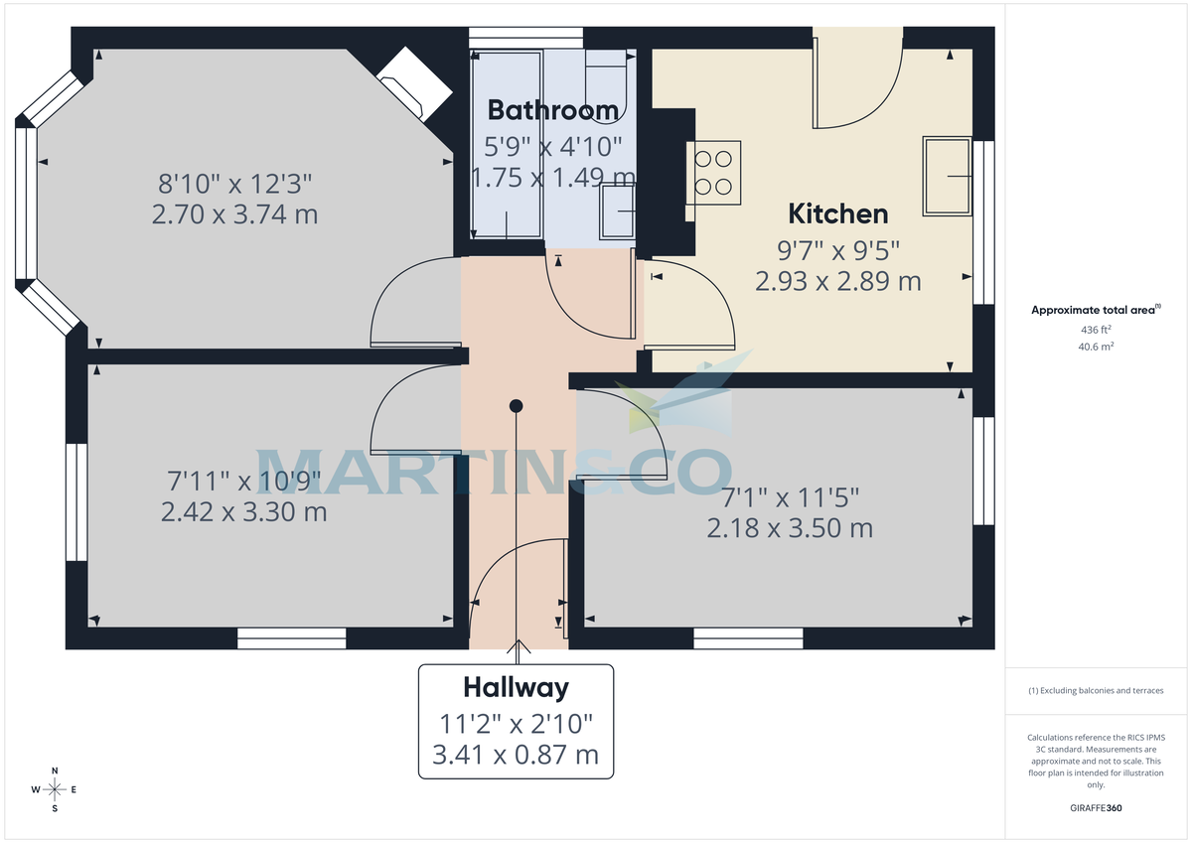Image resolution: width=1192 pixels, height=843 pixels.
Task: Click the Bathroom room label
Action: point(552,109)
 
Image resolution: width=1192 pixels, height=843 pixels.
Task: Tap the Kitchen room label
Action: point(837,213)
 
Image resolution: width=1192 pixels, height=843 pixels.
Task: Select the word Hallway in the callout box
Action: point(516,687)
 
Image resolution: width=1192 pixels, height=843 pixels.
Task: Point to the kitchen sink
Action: point(947,177)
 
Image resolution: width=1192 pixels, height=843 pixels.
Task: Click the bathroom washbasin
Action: point(618,211)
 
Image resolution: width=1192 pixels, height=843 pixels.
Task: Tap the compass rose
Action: point(55,789)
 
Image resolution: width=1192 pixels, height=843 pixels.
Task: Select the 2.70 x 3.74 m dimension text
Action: point(234,214)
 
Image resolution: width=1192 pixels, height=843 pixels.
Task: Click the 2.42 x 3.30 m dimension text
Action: point(243,512)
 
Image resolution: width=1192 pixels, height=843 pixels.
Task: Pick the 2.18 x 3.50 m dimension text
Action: point(790,528)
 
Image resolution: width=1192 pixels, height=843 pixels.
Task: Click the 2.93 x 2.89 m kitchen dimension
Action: point(837,281)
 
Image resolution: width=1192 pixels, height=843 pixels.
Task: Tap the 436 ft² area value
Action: point(1096,330)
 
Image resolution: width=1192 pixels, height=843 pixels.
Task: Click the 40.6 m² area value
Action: point(1096,347)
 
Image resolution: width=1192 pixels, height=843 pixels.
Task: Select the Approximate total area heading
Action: point(1094,311)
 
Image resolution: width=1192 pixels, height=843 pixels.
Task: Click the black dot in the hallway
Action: point(516,405)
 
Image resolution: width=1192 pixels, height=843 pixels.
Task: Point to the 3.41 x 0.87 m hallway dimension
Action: point(516,755)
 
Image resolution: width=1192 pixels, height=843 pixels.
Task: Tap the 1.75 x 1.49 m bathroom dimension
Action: point(552,178)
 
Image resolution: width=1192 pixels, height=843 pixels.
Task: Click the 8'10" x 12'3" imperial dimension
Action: point(235,184)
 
